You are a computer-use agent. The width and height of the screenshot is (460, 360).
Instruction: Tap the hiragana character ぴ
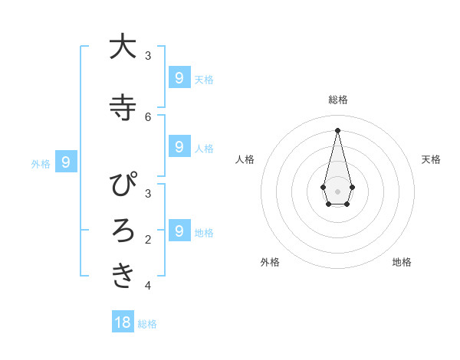(123, 186)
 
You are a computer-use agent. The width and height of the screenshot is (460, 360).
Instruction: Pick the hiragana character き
(123, 275)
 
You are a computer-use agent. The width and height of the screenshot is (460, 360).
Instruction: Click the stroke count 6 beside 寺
(148, 116)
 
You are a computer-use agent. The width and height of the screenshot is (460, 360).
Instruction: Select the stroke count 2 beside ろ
(148, 240)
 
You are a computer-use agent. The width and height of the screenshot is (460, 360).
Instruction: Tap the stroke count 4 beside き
(148, 286)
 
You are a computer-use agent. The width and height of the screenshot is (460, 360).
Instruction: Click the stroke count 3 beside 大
(148, 55)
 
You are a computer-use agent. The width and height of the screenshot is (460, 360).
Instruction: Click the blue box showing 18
(123, 322)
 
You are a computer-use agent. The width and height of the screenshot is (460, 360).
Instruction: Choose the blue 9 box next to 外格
(66, 162)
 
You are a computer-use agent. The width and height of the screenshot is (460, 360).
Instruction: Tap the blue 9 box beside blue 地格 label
(179, 231)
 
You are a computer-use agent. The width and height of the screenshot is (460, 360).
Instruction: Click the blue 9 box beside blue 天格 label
(179, 77)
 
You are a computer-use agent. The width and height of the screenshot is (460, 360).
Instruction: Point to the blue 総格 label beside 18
(147, 324)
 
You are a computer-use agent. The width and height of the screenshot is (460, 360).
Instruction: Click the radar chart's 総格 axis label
(337, 100)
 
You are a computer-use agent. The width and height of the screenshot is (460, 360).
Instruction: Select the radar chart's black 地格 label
(402, 262)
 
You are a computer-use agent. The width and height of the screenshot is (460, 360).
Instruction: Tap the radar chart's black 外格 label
(270, 262)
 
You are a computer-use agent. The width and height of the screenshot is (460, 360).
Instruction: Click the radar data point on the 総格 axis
(337, 130)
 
